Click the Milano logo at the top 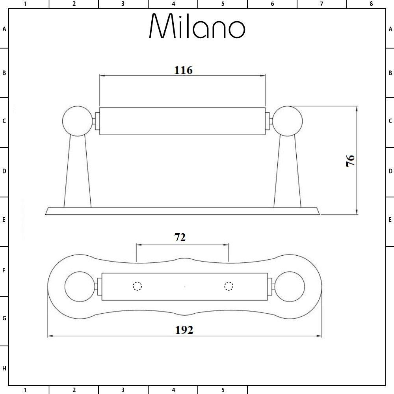coord(197,26)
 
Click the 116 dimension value coord(183,70)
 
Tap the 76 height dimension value coord(350,161)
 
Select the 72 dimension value coord(180,238)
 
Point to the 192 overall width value coord(184,330)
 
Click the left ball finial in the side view coord(77,121)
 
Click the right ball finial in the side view coord(287,121)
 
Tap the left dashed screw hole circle coord(137,286)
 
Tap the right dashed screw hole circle coord(229,286)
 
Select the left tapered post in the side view coord(77,172)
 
